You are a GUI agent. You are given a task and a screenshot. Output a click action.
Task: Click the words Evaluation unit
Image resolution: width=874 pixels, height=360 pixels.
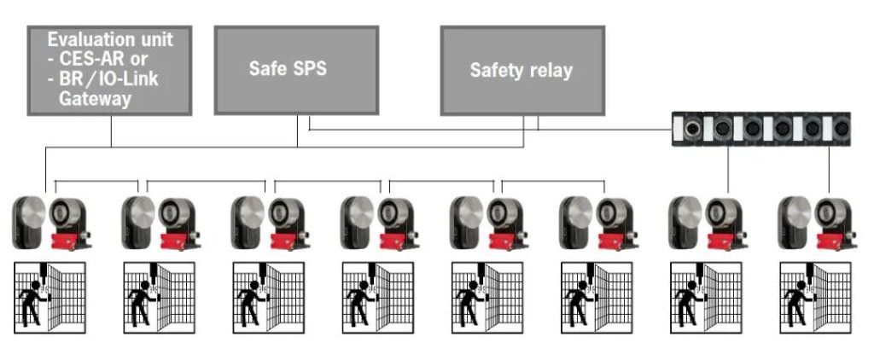click(110, 39)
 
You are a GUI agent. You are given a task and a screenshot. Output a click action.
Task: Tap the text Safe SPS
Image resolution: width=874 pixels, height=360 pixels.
click(288, 68)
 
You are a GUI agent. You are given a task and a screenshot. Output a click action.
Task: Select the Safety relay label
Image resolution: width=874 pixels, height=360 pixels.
click(521, 70)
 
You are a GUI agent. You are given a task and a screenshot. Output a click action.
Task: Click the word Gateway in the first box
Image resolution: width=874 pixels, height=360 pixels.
click(95, 99)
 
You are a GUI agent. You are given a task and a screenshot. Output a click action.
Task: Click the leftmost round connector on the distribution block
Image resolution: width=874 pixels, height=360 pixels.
click(693, 129)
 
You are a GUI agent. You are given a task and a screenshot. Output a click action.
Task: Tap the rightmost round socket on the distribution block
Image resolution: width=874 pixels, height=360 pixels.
click(841, 129)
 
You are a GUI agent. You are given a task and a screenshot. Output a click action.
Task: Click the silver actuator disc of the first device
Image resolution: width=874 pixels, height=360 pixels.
click(32, 212)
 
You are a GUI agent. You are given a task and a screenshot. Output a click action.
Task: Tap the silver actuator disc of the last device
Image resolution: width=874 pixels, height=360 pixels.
click(797, 212)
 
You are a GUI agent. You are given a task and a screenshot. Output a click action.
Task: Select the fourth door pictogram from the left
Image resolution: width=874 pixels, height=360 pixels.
click(378, 298)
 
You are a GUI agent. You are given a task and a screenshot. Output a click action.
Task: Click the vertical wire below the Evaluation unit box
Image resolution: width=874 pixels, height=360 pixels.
click(112, 131)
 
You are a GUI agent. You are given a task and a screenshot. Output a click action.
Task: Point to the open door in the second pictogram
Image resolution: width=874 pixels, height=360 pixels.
click(174, 297)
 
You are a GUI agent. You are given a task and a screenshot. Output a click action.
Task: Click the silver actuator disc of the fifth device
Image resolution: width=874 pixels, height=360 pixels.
click(469, 212)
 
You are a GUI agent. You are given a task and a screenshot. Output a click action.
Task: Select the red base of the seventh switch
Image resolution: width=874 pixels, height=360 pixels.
click(724, 241)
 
